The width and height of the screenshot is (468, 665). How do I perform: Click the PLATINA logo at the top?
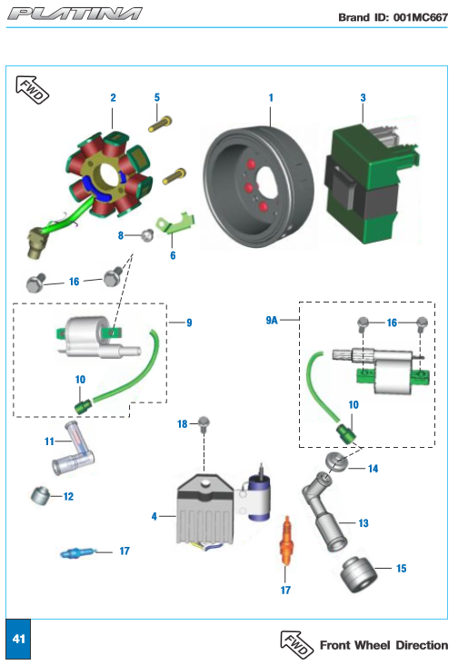pyautogui.click(x=75, y=14)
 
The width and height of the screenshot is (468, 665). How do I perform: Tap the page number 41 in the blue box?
pyautogui.click(x=18, y=639)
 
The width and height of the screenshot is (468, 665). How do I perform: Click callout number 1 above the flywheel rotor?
pyautogui.click(x=271, y=98)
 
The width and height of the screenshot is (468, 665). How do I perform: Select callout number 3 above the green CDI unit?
pyautogui.click(x=363, y=98)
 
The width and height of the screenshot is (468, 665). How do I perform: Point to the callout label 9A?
pyautogui.click(x=272, y=320)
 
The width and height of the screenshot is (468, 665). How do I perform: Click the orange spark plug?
pyautogui.click(x=287, y=541)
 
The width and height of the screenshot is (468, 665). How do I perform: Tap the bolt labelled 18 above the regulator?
pyautogui.click(x=204, y=423)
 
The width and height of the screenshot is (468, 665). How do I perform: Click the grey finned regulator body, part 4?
pyautogui.click(x=205, y=511)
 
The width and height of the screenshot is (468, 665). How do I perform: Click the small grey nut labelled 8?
pyautogui.click(x=147, y=235)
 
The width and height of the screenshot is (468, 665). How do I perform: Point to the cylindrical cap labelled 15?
pyautogui.click(x=359, y=575)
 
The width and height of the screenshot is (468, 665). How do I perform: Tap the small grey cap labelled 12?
pyautogui.click(x=40, y=495)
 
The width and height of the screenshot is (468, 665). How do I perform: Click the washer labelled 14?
pyautogui.click(x=336, y=462)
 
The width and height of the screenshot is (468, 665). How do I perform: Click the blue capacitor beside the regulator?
pyautogui.click(x=259, y=496)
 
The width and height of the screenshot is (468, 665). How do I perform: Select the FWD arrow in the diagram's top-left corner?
pyautogui.click(x=32, y=89)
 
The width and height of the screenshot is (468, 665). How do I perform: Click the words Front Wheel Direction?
pyautogui.click(x=383, y=645)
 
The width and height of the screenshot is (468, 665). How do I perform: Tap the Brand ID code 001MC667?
pyautogui.click(x=421, y=17)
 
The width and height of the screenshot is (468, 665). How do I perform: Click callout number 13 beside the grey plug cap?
pyautogui.click(x=363, y=523)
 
